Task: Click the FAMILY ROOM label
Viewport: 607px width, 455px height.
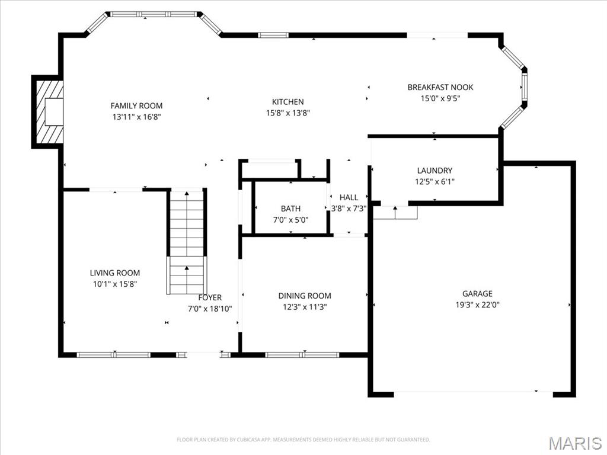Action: point(136,105)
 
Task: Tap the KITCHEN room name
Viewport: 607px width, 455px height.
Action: point(287,102)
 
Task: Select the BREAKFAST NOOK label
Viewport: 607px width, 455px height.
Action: point(440,87)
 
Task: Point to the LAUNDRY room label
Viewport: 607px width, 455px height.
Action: point(435,171)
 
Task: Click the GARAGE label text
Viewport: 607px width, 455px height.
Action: point(477,293)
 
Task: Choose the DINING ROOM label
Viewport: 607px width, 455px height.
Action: point(305,296)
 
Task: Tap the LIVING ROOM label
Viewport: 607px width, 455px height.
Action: point(115,273)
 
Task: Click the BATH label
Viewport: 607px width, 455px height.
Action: point(290,209)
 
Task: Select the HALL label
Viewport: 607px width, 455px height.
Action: point(349,197)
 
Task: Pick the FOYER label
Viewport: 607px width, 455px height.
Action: point(210,297)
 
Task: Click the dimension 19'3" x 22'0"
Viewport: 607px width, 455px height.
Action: point(477,305)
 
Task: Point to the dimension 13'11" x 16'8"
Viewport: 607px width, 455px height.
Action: point(136,117)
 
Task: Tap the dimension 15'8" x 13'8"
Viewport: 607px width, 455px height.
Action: point(287,113)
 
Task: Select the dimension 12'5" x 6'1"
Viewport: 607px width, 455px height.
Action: point(435,182)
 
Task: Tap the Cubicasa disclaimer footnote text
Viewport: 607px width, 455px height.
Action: point(303,440)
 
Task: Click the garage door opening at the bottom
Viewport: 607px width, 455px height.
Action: point(473,393)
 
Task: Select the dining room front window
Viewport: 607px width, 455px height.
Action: point(302,355)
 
